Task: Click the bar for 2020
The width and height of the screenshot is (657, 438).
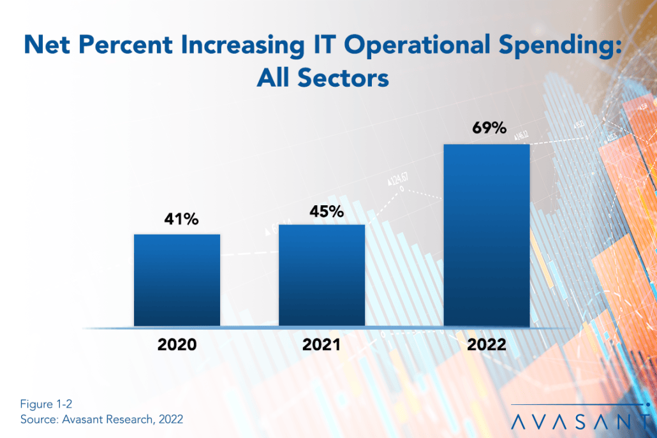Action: [x=177, y=281]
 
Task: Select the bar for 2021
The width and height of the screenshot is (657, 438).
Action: [x=321, y=275]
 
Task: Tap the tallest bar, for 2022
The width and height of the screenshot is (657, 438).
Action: [x=487, y=235]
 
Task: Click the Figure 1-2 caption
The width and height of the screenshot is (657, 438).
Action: [x=42, y=405]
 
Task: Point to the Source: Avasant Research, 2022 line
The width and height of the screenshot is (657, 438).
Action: [x=101, y=420]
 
